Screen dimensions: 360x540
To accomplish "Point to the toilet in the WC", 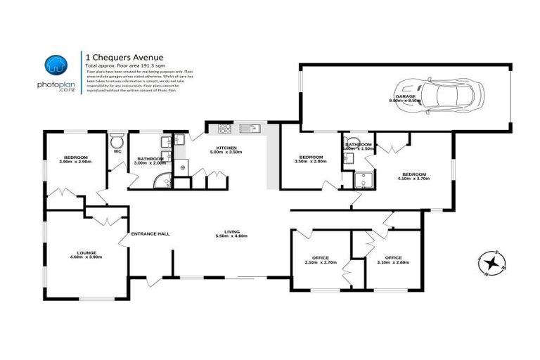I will (x=118, y=138).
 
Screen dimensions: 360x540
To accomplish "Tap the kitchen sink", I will (x=249, y=129).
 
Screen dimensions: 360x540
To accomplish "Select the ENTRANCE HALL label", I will (x=150, y=233).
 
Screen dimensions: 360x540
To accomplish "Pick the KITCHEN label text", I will (x=227, y=149).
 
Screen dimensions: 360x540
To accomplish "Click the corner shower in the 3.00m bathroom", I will (x=164, y=181).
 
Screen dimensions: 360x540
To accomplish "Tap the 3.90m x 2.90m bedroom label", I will (x=75, y=160).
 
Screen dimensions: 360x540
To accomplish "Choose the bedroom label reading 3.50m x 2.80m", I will (x=310, y=160).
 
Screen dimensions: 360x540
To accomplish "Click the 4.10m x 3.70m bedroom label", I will (x=414, y=176).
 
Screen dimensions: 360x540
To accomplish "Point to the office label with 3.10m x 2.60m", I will (x=393, y=260).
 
